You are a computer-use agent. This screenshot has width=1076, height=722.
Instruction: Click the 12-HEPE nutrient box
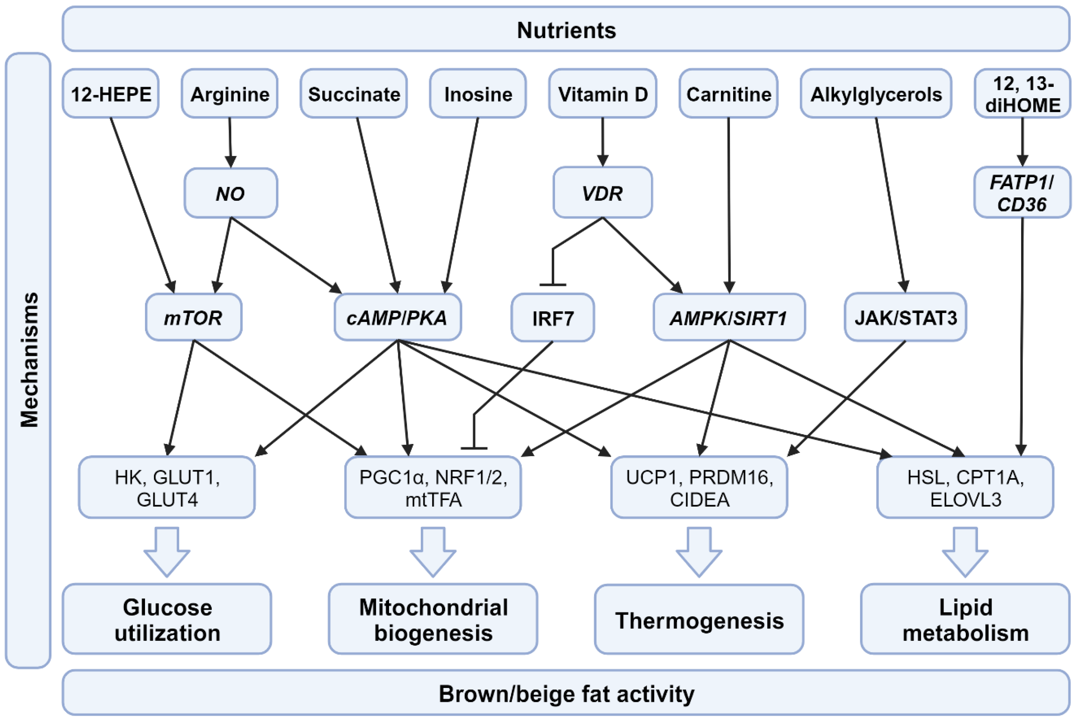(x=110, y=94)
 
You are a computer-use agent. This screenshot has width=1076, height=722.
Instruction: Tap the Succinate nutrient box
(x=354, y=94)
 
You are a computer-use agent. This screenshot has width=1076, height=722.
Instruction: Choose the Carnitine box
(x=728, y=94)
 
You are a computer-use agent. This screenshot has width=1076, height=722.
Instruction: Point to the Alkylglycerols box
(x=876, y=94)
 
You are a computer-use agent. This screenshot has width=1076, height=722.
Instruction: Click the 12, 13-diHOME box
(x=1022, y=94)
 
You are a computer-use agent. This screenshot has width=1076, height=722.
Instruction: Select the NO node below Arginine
(x=230, y=193)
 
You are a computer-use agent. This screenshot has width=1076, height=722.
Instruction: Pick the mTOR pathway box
(x=193, y=317)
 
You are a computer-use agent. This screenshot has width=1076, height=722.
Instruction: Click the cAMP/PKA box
(x=397, y=317)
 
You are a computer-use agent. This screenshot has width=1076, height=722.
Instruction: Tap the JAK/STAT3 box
(x=905, y=317)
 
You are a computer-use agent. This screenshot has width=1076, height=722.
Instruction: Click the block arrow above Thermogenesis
(x=699, y=552)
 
